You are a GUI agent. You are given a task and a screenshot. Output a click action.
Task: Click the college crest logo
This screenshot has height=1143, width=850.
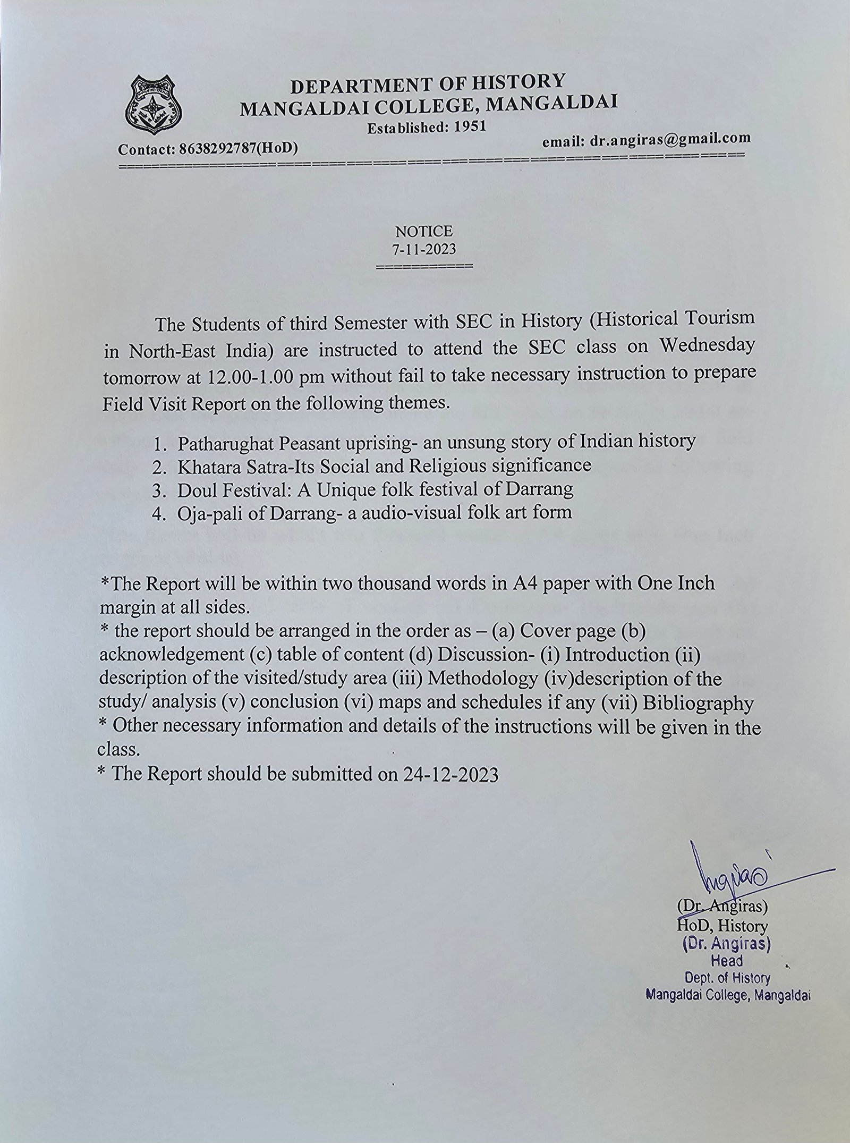153,106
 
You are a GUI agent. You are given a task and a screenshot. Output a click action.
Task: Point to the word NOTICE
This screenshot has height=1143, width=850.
424,232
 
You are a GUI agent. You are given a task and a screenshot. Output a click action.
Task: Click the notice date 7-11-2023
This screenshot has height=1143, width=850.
424,248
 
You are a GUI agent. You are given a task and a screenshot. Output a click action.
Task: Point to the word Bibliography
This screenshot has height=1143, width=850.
698,704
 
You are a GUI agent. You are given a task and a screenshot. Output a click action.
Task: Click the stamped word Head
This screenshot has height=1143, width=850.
727,961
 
